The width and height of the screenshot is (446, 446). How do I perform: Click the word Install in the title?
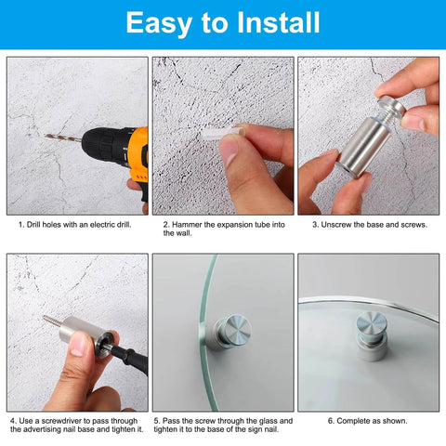pyautogui.click(x=269, y=22)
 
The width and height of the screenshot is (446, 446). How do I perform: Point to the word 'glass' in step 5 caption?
pyautogui.click(x=262, y=421)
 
